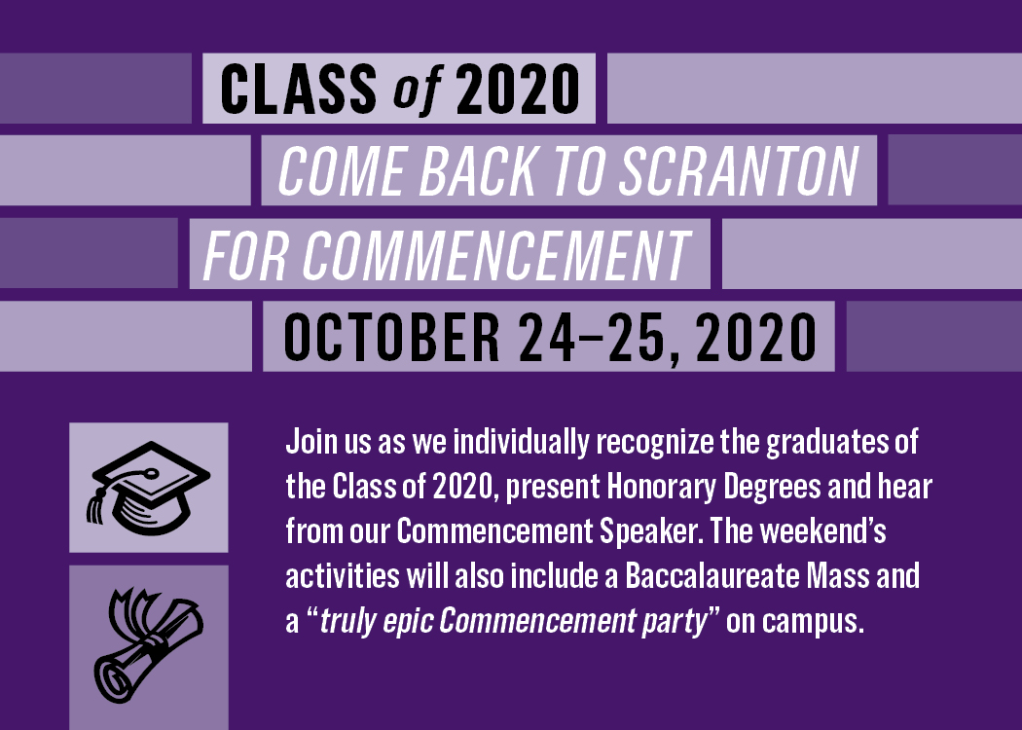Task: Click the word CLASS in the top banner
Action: [x=299, y=89]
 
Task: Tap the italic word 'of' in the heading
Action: [x=418, y=89]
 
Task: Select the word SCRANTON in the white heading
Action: [x=739, y=170]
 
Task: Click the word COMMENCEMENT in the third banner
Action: [x=496, y=255]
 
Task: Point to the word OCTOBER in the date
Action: [x=391, y=337]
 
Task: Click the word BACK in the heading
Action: [x=478, y=170]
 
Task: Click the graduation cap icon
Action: [x=149, y=488]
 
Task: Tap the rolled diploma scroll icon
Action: [x=149, y=646]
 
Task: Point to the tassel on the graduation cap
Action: [x=96, y=504]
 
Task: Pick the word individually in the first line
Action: [x=521, y=443]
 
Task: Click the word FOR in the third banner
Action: [x=245, y=255]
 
